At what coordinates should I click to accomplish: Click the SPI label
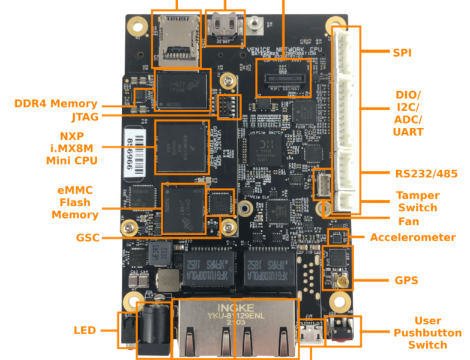coord(402,53)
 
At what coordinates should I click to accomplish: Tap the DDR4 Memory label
coord(55,104)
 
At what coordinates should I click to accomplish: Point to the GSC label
coord(88,238)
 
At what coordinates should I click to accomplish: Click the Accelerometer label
coord(412,237)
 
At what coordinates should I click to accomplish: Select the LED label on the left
coord(85,330)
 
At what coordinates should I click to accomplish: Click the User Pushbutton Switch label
coord(427,332)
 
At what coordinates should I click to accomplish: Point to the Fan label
coord(408,221)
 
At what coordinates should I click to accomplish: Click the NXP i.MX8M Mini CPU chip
coord(183,147)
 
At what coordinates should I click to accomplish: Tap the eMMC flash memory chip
coord(183,207)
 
